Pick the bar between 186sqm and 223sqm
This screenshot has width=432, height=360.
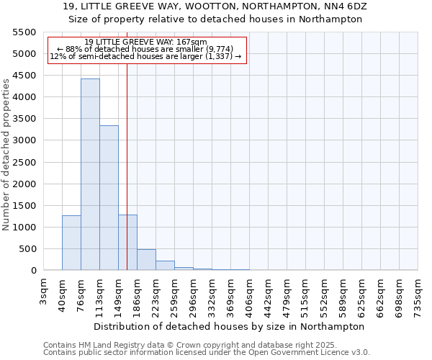(146, 260)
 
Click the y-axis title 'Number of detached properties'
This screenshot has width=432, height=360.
(7, 155)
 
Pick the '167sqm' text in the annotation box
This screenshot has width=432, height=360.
(194, 42)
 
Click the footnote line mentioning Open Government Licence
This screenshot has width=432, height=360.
(207, 353)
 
